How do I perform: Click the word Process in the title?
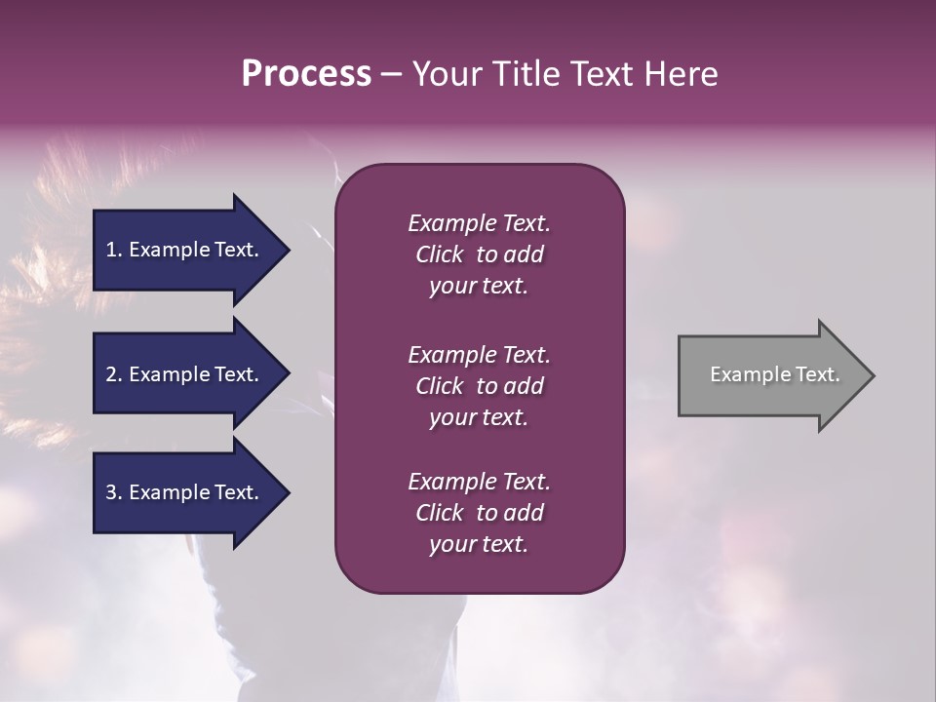tap(306, 74)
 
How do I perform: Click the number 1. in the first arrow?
tap(114, 250)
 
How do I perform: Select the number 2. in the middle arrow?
tap(114, 374)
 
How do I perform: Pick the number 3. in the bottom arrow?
tap(114, 492)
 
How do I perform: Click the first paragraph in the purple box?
tap(479, 254)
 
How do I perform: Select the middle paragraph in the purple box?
tap(479, 386)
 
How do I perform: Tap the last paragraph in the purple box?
tap(479, 513)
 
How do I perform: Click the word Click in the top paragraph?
tap(440, 254)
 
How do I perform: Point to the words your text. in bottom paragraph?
tap(479, 544)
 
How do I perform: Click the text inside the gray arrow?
tap(775, 374)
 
